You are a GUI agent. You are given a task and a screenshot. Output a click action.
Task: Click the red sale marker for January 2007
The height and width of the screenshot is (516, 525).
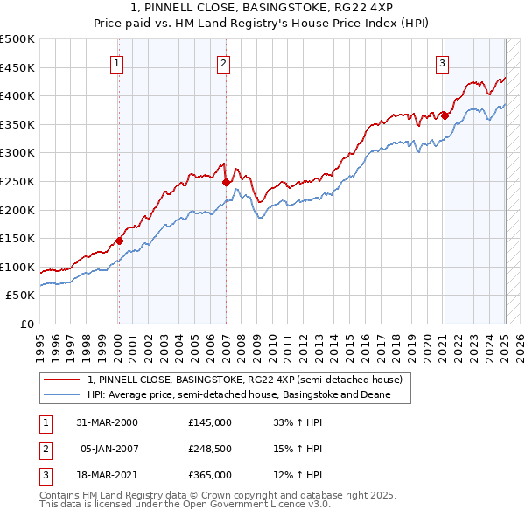click(226, 183)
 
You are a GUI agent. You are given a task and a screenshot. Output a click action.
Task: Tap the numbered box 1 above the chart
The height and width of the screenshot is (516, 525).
click(117, 62)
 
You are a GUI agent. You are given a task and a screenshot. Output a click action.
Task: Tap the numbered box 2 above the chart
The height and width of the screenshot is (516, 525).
click(224, 62)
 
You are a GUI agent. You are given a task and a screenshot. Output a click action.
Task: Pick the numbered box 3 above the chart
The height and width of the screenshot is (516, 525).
click(443, 62)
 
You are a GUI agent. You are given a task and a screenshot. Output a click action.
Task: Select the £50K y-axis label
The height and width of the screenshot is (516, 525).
click(21, 296)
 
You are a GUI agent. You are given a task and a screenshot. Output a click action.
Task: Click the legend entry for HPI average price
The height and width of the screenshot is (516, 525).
click(237, 394)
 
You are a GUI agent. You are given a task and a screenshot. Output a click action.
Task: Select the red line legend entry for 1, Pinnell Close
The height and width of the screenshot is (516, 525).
click(244, 380)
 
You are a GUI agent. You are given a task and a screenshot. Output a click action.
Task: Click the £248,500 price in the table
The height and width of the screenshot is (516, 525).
click(210, 449)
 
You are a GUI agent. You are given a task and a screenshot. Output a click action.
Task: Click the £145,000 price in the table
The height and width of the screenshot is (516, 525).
click(210, 422)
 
